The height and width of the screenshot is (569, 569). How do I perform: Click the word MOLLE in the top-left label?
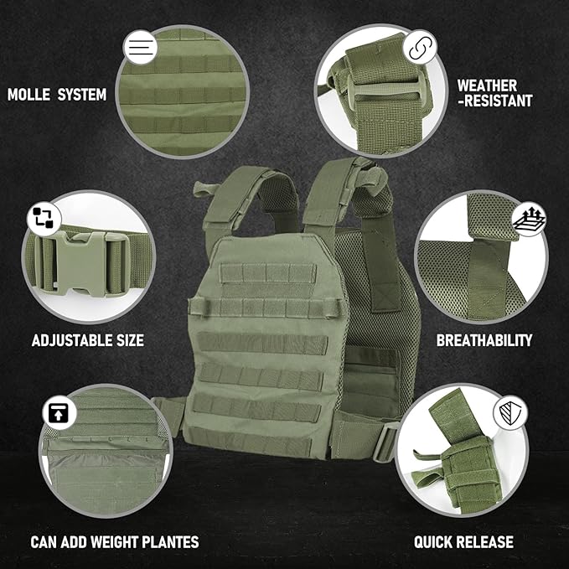pos(28,95)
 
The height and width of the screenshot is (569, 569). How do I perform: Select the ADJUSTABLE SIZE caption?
pos(87,340)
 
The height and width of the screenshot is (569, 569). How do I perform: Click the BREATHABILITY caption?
pos(484,340)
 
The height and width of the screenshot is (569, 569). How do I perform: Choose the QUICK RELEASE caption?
pos(463,541)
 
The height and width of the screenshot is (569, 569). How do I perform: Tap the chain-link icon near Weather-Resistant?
pos(416,48)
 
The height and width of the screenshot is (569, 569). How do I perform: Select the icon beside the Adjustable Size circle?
pos(42,217)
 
